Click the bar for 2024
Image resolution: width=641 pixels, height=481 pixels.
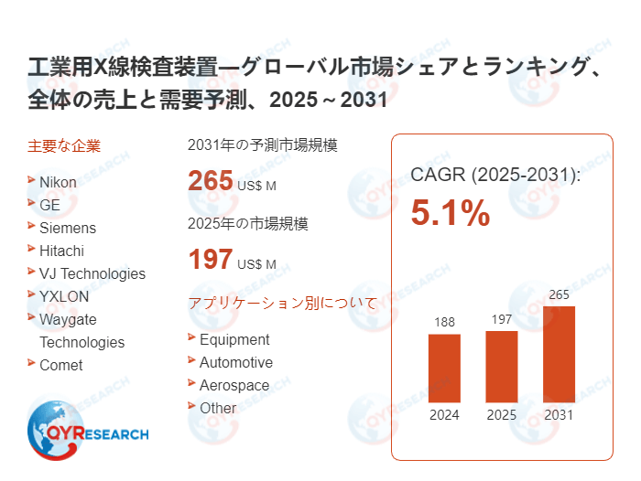tap(444, 368)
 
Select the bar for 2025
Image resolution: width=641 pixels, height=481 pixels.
tap(501, 366)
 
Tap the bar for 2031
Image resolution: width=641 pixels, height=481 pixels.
tap(559, 354)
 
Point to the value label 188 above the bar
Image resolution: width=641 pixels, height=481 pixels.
tap(444, 322)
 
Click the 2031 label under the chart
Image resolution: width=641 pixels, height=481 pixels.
tap(559, 414)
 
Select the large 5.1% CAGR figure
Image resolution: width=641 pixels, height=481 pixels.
tap(450, 214)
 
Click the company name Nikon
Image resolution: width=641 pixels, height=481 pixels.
tap(58, 182)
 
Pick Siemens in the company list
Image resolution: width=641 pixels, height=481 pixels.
tap(67, 228)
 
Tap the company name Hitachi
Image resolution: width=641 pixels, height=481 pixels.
tap(61, 251)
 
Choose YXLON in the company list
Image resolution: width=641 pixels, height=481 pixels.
tap(64, 296)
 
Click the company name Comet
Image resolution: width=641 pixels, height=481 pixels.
tap(60, 365)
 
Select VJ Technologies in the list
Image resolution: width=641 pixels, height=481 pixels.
tap(92, 273)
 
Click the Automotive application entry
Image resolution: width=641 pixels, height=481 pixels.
tap(235, 362)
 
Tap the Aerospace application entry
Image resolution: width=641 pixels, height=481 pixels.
tap(234, 385)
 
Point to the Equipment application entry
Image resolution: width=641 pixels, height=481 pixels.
tap(234, 339)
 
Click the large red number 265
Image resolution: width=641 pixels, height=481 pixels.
tap(211, 181)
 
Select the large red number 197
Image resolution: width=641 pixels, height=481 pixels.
tap(211, 260)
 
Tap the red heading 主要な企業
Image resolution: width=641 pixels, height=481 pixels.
tap(64, 145)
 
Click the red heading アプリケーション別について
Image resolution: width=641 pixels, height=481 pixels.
tap(282, 304)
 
